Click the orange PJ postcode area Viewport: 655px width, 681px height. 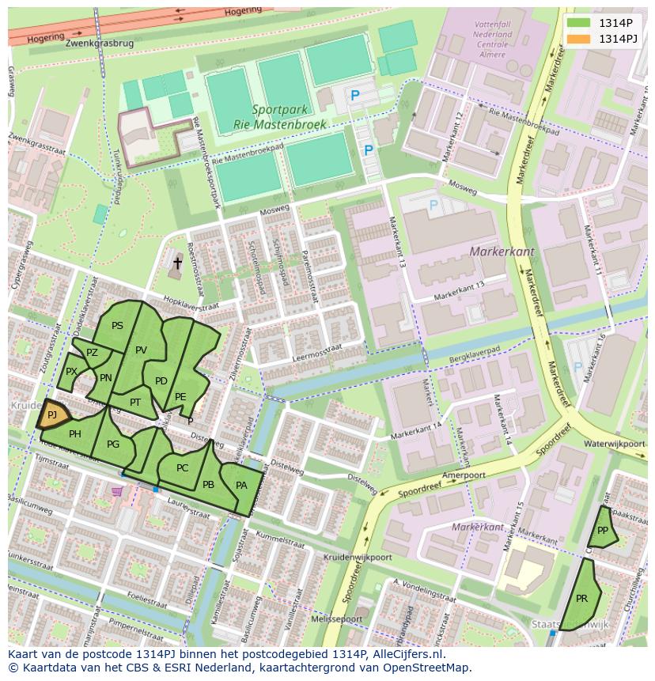51,414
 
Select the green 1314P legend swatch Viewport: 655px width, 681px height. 578,23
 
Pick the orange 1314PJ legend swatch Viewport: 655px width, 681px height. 578,39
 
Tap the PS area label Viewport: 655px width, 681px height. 117,326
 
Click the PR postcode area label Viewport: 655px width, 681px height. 581,599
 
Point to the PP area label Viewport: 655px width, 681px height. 603,531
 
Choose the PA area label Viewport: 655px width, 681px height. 241,486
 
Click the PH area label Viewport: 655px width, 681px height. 75,434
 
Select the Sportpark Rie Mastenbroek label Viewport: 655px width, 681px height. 270,118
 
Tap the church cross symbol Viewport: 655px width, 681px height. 177,264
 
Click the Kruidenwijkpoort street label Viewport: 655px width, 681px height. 358,557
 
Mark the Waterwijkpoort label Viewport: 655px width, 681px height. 615,445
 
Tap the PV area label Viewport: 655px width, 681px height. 142,350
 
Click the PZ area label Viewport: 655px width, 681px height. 93,353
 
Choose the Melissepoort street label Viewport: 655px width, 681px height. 336,619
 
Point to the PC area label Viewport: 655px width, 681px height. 183,468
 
